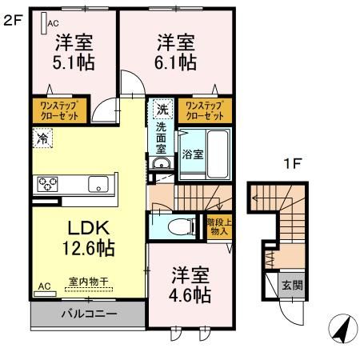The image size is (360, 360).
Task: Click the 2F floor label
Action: point(10,22)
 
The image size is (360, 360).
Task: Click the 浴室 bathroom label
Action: point(193,152)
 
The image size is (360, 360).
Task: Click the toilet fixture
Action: point(181,226)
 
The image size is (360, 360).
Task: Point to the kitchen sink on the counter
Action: point(98,183)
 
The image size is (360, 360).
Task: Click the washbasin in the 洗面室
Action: point(161,165)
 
